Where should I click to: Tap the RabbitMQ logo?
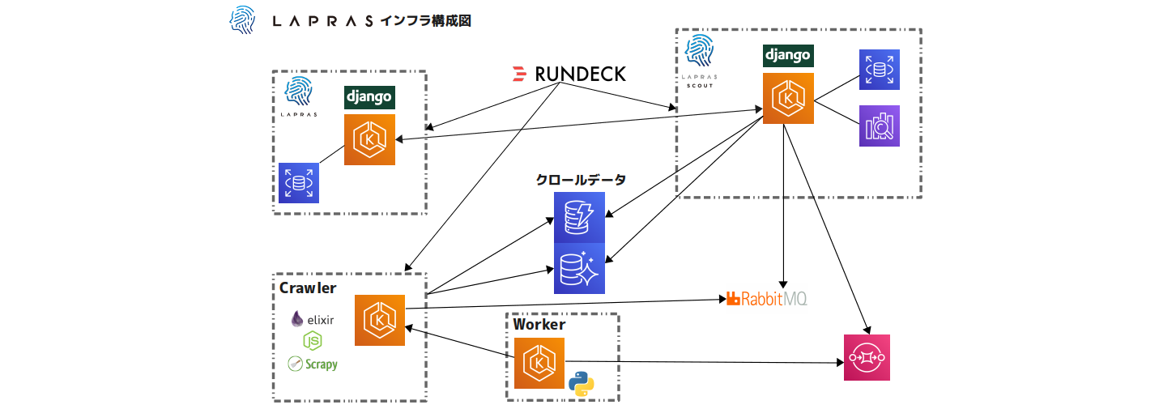coord(767,299)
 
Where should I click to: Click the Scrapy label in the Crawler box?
coord(313,364)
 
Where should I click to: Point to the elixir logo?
coord(313,319)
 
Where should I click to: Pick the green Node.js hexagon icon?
coord(313,341)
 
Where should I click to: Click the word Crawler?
coord(308,288)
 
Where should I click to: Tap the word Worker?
coord(539,325)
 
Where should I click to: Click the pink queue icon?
coord(867,357)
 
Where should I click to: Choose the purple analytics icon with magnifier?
coord(880,126)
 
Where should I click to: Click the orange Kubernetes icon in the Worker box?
coord(539,364)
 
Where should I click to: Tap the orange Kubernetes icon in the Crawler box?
coord(380,320)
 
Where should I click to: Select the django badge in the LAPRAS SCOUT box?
coord(788,56)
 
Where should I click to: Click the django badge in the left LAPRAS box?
coord(369,97)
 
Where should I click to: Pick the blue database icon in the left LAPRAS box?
coord(299,182)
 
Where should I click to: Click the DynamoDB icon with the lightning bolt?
coord(579,217)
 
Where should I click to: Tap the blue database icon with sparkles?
coord(579,268)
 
